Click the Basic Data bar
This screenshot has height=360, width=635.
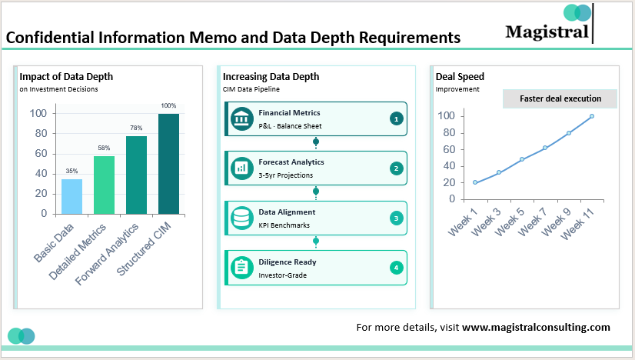pos(71,196)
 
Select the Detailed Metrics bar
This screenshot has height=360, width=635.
pos(104,185)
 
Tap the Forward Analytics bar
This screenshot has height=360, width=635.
pos(136,175)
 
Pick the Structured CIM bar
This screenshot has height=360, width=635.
pos(168,163)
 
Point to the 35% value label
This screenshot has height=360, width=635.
pos(71,171)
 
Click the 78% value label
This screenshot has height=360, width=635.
pos(136,128)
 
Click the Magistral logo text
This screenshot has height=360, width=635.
pos(547,32)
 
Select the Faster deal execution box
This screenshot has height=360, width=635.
pos(561,98)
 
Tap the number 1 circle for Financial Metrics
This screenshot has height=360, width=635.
pos(396,118)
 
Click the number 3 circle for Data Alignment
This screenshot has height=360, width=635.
pos(396,218)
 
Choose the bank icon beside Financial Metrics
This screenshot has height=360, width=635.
pos(242,118)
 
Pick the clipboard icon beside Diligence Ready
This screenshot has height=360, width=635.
pos(242,267)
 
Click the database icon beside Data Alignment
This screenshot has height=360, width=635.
pos(242,218)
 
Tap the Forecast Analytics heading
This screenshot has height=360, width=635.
pos(291,162)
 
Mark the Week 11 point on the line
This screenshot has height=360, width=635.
pos(592,116)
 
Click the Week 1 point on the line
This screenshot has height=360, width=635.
pos(475,182)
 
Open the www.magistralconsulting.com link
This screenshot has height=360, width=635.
pos(536,327)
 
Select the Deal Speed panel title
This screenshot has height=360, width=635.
pos(460,76)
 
